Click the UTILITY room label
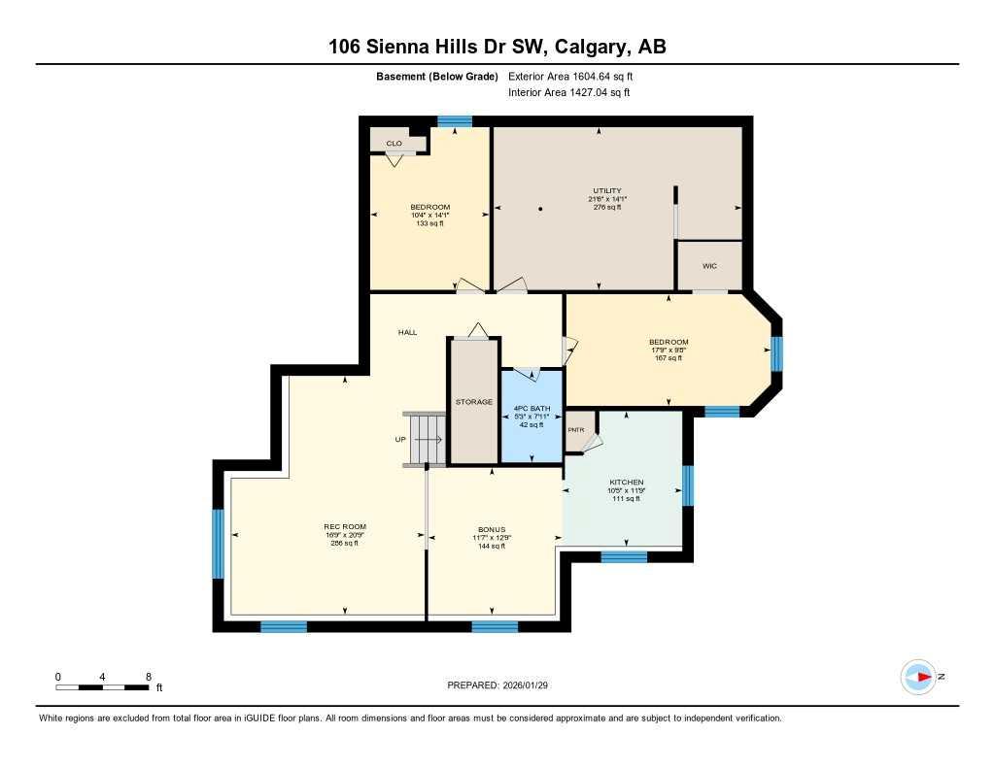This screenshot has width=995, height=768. tap(607, 190)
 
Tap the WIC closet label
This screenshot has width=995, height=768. tap(709, 265)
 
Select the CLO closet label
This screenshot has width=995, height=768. tap(394, 143)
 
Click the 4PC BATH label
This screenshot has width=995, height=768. tap(532, 407)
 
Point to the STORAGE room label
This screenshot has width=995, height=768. tap(474, 401)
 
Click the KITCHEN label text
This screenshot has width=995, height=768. tap(627, 483)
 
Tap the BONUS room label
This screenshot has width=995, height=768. tap(492, 529)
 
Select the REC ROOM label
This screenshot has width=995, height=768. tap(345, 526)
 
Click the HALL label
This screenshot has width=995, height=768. tap(407, 332)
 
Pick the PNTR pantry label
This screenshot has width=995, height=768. tap(576, 430)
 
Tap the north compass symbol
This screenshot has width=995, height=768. tap(918, 677)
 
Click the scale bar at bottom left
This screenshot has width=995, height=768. tap(102, 687)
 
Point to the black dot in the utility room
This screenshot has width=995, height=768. tap(541, 209)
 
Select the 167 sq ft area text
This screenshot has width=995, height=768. tap(669, 358)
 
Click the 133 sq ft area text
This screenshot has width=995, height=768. tap(429, 223)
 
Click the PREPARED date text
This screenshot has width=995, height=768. tap(503, 685)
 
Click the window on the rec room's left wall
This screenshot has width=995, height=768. tap(218, 544)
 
